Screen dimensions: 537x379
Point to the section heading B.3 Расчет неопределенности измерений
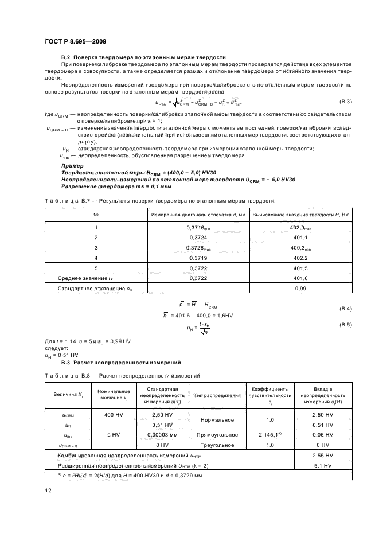(x=121, y=363)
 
